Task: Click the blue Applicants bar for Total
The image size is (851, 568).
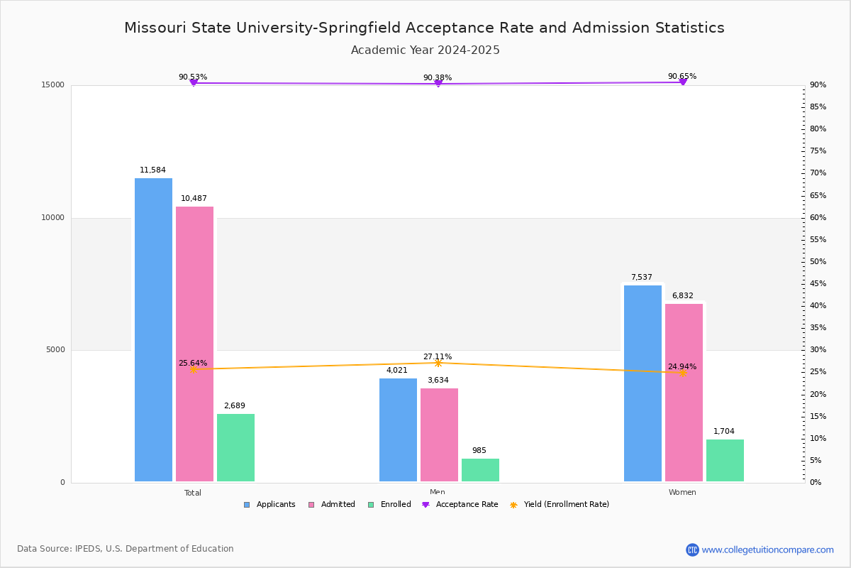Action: coord(153,329)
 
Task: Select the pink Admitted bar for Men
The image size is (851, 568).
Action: coord(439,435)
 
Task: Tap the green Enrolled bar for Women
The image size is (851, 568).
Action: coord(725,460)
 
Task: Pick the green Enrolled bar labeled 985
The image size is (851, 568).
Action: coord(480,470)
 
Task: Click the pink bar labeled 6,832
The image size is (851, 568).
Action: coord(684,393)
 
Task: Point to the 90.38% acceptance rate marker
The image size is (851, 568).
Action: coord(438,84)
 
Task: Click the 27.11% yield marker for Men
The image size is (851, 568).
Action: coord(438,363)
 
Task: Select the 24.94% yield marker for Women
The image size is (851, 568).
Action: coord(683,373)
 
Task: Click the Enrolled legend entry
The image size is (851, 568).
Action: coord(389,505)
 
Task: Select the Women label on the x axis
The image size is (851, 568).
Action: coord(682,493)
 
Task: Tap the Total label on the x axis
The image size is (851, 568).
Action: coord(193,493)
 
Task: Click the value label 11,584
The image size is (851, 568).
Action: coord(152,170)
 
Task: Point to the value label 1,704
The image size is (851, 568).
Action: coord(724,432)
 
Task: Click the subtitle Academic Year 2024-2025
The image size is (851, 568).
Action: coord(425,50)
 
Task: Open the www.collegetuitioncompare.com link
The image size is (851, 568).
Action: coord(767,550)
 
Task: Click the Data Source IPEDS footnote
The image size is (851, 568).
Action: coord(126,549)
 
